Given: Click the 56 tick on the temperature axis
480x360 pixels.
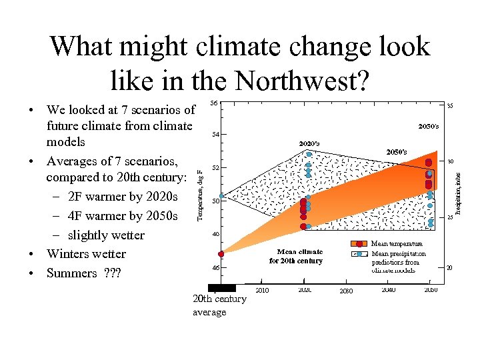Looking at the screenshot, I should click(213, 103).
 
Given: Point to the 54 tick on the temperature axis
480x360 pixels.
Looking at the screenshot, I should click(213, 135).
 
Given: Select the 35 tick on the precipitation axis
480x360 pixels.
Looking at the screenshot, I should click(450, 105).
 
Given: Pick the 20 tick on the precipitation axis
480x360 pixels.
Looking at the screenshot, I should click(450, 267).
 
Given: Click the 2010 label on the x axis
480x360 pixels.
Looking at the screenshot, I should click(262, 291).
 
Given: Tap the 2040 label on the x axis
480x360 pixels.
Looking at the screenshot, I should click(388, 290).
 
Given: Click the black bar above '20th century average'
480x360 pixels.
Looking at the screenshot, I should click(221, 288).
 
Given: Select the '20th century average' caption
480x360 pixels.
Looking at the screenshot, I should click(219, 305).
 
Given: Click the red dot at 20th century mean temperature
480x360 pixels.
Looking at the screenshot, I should click(221, 254).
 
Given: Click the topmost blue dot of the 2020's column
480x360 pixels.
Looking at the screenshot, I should click(309, 155).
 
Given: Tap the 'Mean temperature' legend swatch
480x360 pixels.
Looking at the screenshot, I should click(359, 244).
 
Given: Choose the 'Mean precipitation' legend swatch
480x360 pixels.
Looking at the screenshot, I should click(359, 253).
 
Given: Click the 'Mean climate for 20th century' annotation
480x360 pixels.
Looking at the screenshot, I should click(295, 257).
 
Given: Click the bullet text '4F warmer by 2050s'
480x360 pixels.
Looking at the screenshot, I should click(123, 216).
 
